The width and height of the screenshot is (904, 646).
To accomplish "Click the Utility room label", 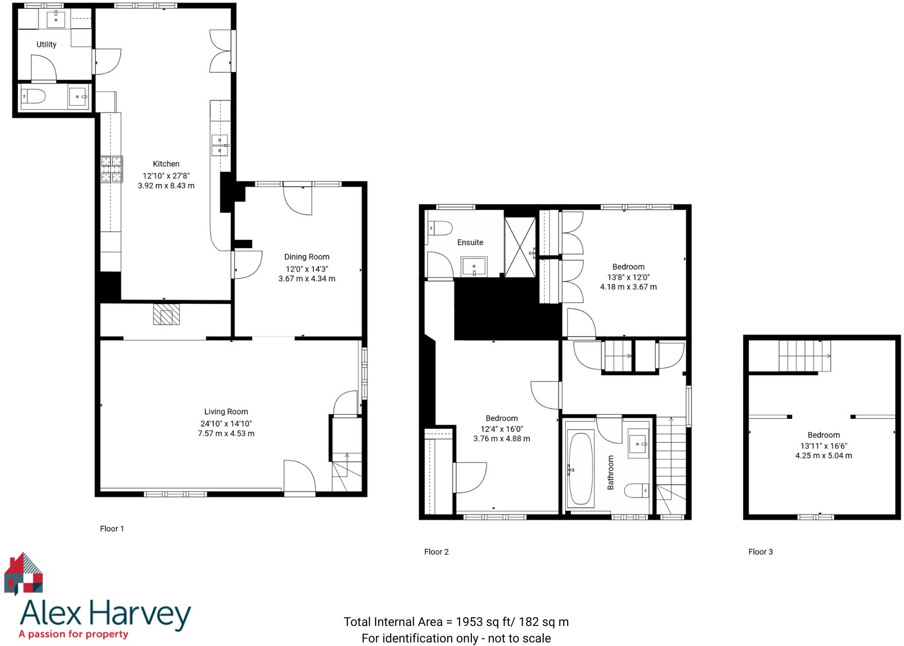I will [46, 45].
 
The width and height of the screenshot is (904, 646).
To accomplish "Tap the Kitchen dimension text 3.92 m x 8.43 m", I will [166, 186].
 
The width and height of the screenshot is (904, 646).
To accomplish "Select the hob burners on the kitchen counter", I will [111, 170].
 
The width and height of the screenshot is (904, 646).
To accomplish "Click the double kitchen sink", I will [220, 145].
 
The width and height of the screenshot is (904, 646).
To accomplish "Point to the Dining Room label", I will [306, 257].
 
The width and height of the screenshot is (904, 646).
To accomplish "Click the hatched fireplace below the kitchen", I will [166, 315].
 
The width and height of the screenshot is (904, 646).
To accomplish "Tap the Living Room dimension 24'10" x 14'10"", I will [226, 423].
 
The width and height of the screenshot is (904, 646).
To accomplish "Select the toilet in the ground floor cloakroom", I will [33, 96].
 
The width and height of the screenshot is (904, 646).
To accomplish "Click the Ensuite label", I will [470, 243].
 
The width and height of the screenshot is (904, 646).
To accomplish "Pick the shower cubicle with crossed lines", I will [520, 247].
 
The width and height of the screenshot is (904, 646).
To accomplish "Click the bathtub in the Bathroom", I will [581, 469].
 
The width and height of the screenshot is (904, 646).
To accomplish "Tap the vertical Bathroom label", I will [610, 472].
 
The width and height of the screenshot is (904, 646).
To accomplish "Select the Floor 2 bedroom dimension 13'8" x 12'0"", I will [628, 277].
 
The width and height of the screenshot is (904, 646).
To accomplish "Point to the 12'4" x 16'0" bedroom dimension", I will [502, 429].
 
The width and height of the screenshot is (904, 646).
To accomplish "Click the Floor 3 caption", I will [760, 552].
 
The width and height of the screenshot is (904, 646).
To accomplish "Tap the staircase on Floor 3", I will [804, 356].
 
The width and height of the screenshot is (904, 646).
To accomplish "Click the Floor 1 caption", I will [112, 529].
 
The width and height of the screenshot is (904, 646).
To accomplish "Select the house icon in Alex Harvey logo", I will [24, 574].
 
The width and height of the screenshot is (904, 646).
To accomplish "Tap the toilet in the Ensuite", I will [440, 228].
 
